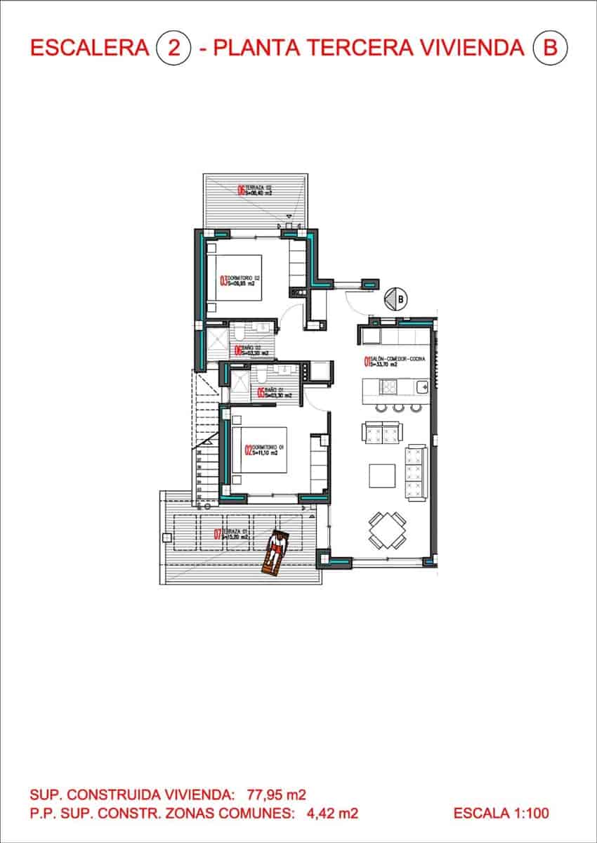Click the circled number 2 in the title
coord(173,48)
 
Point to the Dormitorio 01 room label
coord(266,450)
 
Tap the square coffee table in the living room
coord(383,475)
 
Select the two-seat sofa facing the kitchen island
coord(381,431)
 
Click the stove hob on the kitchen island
coord(388,386)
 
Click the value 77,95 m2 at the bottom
coord(277,795)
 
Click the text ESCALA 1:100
coord(501,813)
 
